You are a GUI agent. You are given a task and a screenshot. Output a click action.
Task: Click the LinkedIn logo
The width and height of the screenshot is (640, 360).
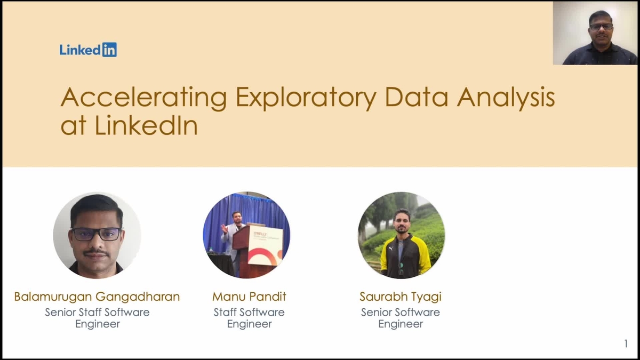tap(88, 50)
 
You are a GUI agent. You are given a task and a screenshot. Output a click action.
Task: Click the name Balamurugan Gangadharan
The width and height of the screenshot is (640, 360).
tap(97, 297)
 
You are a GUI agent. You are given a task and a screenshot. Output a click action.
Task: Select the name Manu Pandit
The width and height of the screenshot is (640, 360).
tap(249, 297)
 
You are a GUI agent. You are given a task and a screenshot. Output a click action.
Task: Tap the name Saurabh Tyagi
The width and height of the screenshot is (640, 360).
tap(401, 297)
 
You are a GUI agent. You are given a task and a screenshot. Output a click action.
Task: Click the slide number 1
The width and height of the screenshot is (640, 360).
tap(626, 344)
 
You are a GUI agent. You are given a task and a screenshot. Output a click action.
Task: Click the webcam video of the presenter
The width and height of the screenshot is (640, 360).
tap(595, 33)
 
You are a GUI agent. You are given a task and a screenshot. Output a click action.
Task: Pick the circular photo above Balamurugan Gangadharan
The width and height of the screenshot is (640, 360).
tap(97, 235)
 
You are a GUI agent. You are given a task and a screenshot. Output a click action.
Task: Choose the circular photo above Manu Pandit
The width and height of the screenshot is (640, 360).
tap(246, 235)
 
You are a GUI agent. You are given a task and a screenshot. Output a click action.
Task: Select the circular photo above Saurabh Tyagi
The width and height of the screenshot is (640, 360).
tap(401, 235)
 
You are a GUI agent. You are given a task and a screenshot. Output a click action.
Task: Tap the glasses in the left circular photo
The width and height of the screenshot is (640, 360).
tap(96, 234)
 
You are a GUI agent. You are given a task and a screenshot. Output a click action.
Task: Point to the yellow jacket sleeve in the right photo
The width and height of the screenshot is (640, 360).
tap(424, 256)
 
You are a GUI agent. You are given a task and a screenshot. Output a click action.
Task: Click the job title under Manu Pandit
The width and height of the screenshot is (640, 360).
tap(249, 318)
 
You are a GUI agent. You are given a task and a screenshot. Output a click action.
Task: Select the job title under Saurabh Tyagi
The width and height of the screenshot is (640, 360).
tap(401, 318)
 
